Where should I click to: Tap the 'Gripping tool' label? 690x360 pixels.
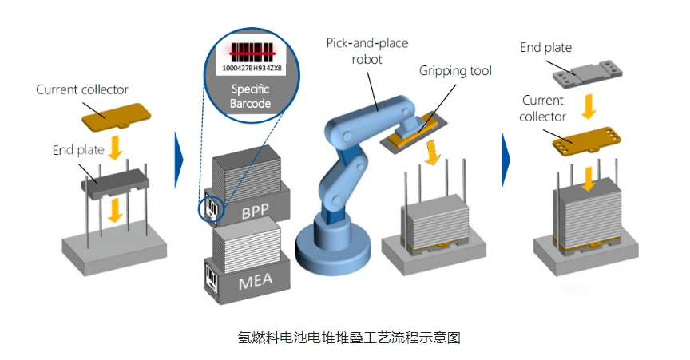tap(455, 70)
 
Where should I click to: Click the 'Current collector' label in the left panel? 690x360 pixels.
tap(82, 89)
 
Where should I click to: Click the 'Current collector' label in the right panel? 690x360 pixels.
tap(543, 108)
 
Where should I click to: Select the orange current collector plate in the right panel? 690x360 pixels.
tap(586, 139)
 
